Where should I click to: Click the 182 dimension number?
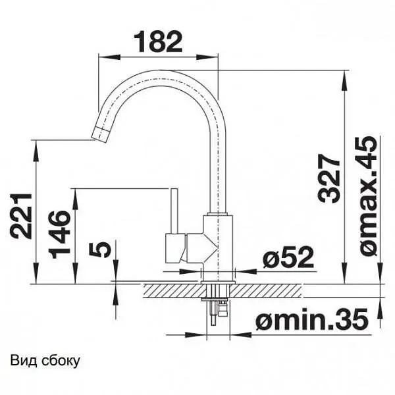coord(158,41)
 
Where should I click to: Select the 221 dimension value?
coord(21,216)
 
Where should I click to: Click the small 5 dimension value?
coord(100,249)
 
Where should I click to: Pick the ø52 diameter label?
coord(288,257)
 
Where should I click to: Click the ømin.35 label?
coord(312,319)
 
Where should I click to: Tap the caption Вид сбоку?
coord(45,361)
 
